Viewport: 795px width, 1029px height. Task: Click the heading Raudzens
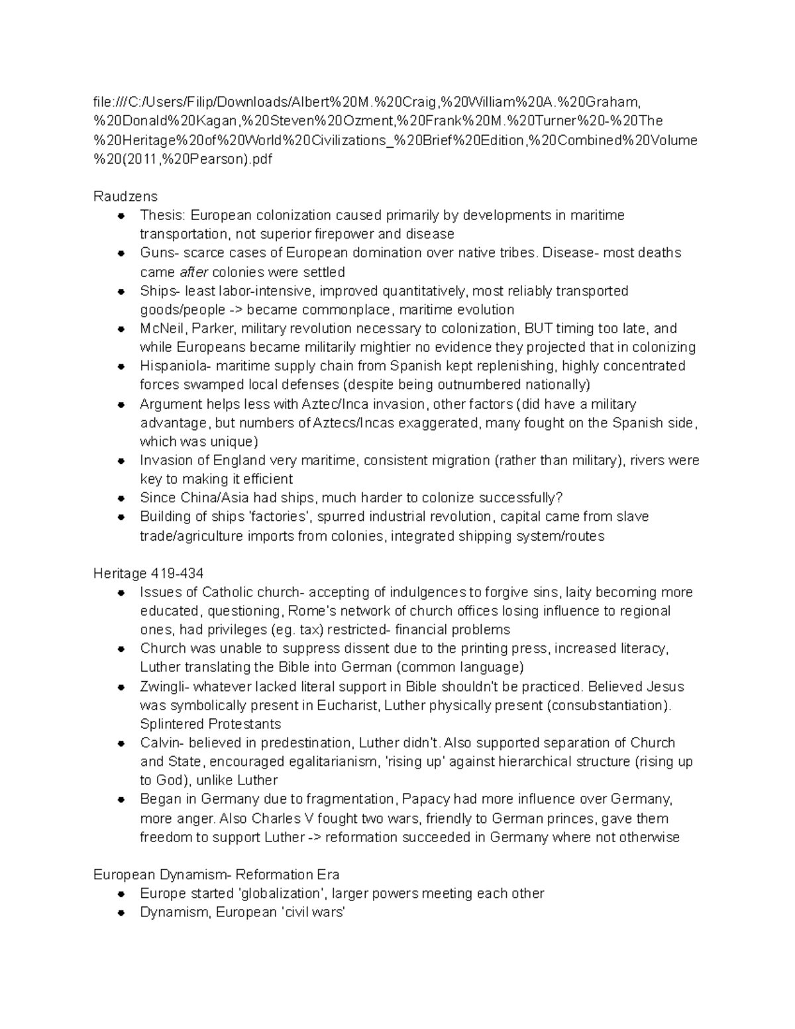point(125,196)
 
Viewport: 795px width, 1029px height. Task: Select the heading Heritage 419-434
point(148,573)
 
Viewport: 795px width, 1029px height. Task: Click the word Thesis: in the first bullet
point(163,215)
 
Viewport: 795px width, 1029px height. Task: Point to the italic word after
point(194,272)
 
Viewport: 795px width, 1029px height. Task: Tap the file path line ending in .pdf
point(183,159)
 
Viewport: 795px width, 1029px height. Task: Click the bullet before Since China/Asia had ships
point(121,498)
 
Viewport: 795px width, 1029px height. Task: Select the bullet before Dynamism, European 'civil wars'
point(121,912)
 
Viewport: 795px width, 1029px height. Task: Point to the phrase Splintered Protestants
point(211,724)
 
